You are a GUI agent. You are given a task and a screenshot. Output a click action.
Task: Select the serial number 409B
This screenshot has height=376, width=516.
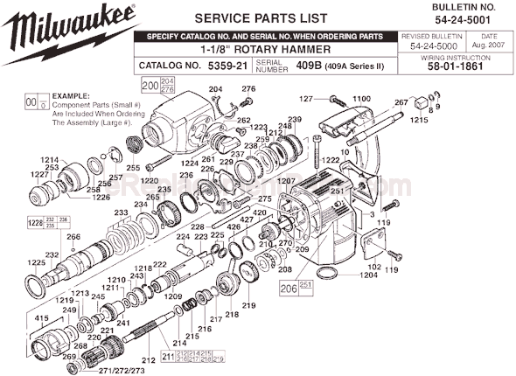click(308, 65)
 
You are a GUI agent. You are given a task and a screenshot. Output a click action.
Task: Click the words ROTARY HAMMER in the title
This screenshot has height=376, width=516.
click(280, 49)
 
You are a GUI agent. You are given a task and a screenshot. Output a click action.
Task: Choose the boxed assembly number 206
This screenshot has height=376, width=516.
click(287, 285)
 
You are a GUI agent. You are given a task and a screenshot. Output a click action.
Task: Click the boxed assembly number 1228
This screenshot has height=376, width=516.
click(36, 222)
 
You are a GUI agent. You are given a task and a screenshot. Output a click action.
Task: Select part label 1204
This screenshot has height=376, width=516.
click(367, 275)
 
